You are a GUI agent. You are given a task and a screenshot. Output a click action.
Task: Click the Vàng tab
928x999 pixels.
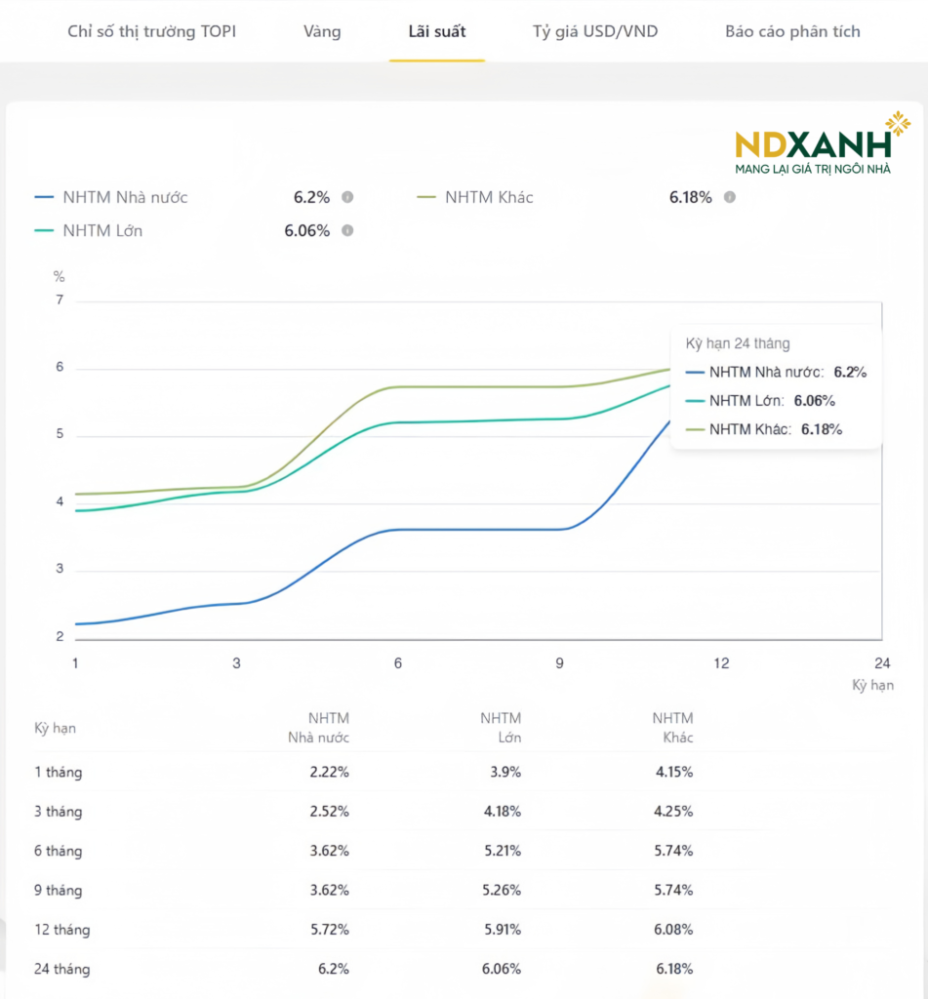322,31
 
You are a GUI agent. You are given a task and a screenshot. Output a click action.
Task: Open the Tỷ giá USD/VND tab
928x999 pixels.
595,31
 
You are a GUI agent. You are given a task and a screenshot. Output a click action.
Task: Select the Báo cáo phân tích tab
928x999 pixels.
792,31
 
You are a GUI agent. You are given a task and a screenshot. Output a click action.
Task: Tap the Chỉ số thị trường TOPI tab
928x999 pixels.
151,31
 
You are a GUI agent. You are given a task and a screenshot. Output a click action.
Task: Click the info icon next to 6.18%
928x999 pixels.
730,197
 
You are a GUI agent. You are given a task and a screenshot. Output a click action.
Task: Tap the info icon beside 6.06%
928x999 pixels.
347,231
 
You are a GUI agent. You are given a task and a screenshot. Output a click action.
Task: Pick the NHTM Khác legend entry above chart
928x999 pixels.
489,197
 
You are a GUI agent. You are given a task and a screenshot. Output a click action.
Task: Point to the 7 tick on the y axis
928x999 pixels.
60,300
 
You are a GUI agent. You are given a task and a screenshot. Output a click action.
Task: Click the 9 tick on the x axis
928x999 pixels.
560,663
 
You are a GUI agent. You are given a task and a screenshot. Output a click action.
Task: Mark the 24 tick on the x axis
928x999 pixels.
882,663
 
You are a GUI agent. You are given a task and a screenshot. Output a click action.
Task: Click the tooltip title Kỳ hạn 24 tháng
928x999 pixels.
738,343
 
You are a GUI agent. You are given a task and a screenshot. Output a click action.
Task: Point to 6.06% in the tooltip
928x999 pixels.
815,400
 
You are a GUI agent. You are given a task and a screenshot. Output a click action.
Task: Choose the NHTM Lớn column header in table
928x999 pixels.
501,728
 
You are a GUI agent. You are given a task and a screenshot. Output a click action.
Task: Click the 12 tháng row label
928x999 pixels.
61,930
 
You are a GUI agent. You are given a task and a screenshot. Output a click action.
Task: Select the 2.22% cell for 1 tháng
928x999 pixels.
329,772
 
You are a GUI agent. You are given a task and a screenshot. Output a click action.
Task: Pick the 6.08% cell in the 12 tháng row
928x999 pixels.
673,930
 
